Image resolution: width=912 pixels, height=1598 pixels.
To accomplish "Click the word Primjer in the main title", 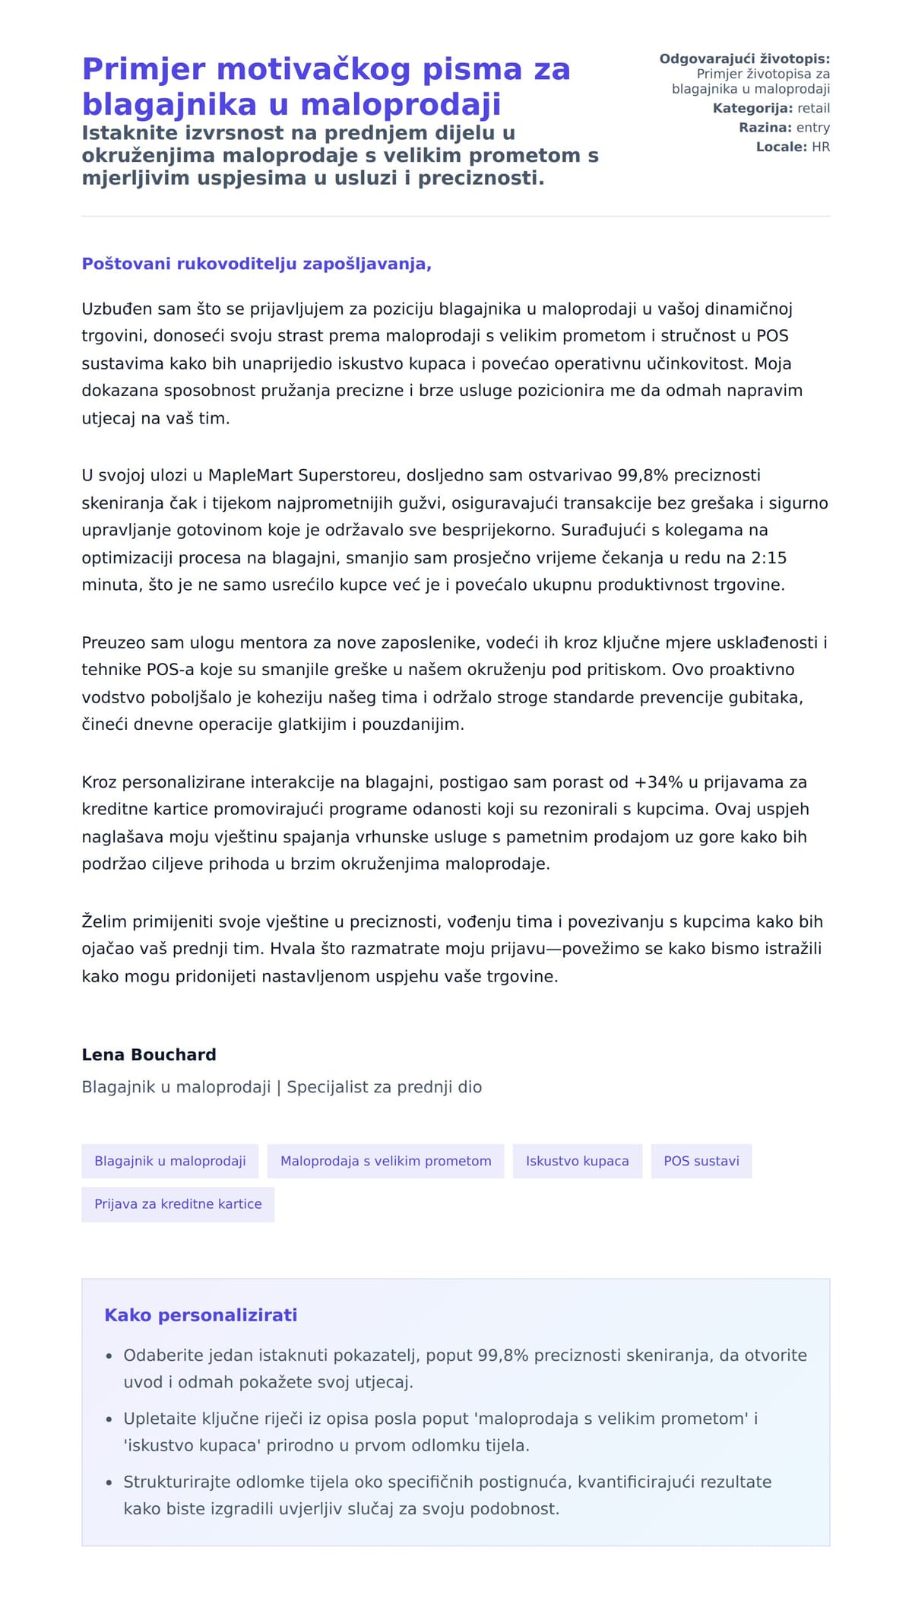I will (144, 70).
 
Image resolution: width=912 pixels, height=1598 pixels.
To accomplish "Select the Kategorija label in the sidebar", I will (752, 109).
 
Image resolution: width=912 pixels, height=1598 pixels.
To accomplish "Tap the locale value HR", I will (820, 147).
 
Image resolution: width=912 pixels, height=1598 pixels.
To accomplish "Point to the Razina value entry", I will (812, 128).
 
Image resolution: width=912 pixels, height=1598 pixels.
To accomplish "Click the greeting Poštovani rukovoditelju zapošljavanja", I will (256, 264).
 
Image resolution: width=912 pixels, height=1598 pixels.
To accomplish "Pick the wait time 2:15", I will (768, 558).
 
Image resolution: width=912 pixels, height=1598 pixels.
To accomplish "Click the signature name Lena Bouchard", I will (149, 1054).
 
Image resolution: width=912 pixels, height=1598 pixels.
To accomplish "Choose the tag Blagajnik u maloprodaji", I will (169, 1161).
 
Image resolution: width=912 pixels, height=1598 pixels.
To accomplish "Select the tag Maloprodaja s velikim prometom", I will (385, 1161).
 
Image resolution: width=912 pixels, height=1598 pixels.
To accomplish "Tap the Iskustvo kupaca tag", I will (577, 1161).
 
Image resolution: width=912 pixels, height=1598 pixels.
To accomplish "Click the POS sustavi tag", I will (701, 1161).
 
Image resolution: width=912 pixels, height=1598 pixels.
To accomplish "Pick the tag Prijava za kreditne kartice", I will (178, 1204).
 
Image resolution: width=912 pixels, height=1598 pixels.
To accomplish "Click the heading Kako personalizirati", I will (201, 1315).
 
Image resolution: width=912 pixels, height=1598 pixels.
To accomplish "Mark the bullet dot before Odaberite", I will (109, 1356).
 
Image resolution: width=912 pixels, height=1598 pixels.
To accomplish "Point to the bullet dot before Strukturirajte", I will (109, 1482).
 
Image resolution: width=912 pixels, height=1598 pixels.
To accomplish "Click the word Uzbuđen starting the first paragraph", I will (117, 309).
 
